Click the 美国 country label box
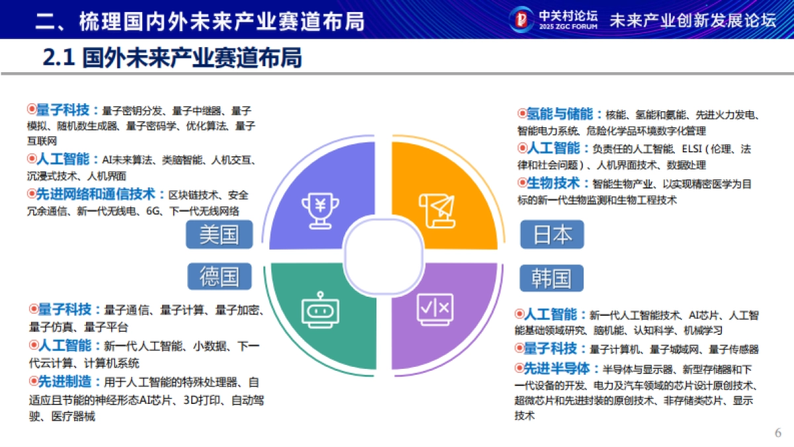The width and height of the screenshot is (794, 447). coord(219,234)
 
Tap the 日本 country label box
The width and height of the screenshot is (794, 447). coord(552,234)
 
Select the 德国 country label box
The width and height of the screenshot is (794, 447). coord(219,277)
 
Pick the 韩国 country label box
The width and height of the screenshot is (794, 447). coord(551,278)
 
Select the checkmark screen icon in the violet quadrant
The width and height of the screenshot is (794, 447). coord(435,309)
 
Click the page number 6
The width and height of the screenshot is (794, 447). coord(778,433)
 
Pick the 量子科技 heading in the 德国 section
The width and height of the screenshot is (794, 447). coord(64,309)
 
